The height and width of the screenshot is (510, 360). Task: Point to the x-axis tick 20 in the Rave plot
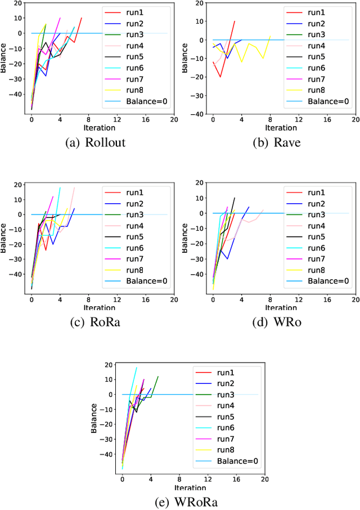(356, 120)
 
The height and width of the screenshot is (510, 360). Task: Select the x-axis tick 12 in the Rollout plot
(117, 120)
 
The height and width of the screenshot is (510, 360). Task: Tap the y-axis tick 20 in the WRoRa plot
(109, 365)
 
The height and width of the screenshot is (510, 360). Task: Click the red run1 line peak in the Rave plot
(235, 21)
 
